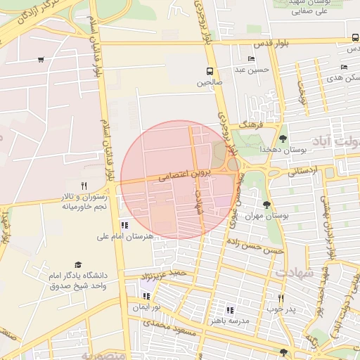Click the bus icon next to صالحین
[209, 71]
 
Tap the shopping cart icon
[41, 60]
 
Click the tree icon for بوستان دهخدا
[283, 139]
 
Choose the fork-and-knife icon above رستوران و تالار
[84, 186]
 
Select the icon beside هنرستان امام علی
[124, 226]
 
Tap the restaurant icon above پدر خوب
[281, 298]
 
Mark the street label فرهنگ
[250, 124]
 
